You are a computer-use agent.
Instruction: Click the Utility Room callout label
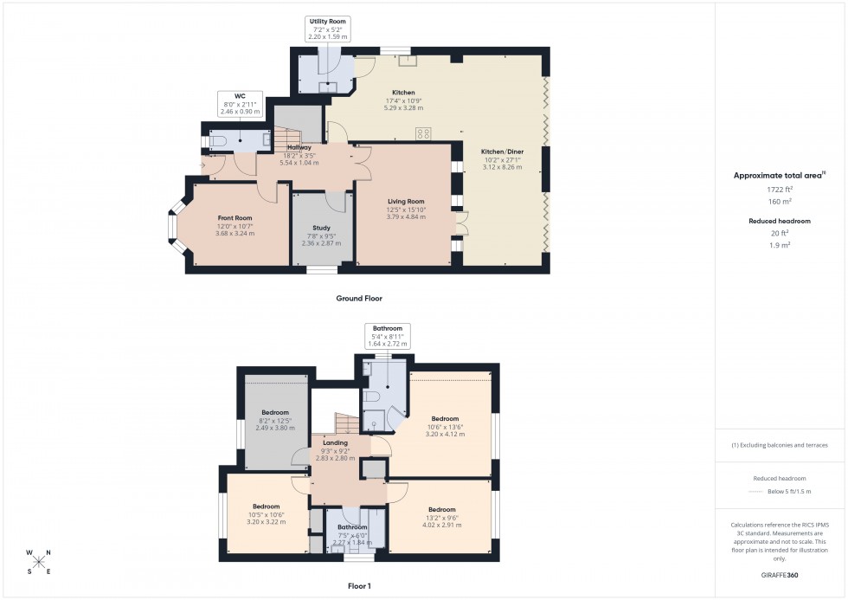[x=327, y=29]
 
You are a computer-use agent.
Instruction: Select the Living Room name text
[x=405, y=201]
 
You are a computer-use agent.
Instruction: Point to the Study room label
[x=321, y=228]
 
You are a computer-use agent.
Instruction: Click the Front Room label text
[x=235, y=217]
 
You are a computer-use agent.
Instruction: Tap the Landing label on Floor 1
[x=335, y=442]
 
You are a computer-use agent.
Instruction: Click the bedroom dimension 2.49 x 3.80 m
[x=275, y=428]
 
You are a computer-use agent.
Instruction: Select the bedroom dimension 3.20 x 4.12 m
[x=445, y=434]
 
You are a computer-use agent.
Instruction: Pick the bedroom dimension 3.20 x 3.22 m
[x=267, y=522]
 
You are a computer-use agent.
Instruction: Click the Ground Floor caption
[x=359, y=298]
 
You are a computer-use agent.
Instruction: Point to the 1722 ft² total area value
[x=780, y=189]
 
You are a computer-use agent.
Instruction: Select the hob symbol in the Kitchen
[x=424, y=132]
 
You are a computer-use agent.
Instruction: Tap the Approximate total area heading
[x=779, y=175]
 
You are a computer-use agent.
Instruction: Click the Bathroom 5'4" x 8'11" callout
[x=388, y=336]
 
